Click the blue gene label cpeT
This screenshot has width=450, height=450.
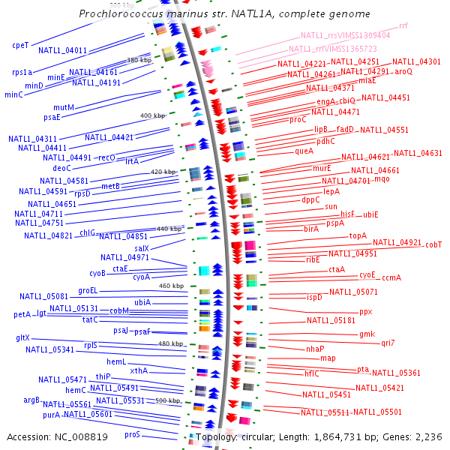pos(20,45)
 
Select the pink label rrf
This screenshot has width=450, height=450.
pos(403,25)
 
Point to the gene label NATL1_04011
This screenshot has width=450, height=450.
pos(63,50)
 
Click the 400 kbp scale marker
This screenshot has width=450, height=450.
pos(152,115)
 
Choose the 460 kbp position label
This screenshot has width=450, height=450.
pos(171,286)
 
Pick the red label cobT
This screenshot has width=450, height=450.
pos(433,244)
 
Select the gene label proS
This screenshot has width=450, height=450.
pos(133,434)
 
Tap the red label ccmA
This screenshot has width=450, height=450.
pos(391,277)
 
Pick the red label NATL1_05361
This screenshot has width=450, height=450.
pos(396,373)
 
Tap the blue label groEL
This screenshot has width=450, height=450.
pos(88,290)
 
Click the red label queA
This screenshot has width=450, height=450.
pos(304,151)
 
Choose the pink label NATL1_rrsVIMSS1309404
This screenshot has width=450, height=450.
pos(345,35)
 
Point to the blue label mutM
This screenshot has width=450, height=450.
pos(64,107)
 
